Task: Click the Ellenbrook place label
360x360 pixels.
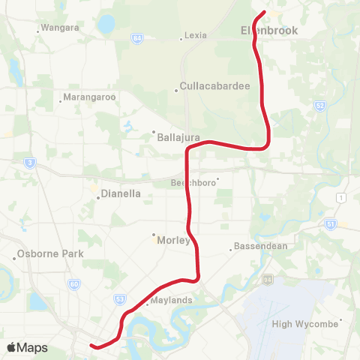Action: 269,31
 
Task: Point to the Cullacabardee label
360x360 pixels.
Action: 214,86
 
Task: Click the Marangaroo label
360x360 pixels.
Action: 88,97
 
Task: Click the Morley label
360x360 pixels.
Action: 173,240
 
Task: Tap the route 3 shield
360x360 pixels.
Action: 28,161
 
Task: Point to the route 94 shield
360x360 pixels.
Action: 267,280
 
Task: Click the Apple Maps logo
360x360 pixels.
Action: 27,348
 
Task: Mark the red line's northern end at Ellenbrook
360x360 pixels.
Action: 265,12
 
